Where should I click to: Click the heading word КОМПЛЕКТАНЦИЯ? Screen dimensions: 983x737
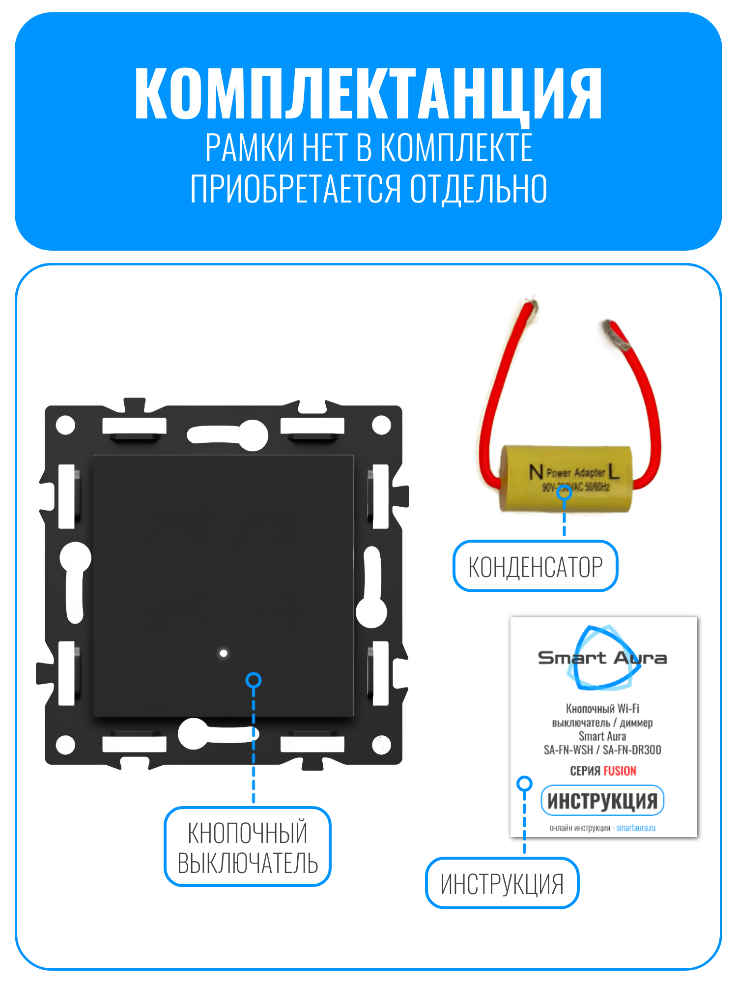coord(368,93)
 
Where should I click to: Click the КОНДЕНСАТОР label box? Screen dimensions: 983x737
coord(535,566)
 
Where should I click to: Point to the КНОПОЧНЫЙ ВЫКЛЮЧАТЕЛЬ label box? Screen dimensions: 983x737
coord(248,847)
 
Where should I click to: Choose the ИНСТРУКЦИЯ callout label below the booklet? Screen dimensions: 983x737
coord(502,883)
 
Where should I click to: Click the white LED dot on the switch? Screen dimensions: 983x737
coord(224,653)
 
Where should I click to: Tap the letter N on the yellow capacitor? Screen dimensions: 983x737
coord(536,472)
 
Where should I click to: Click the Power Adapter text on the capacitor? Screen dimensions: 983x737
coord(576,473)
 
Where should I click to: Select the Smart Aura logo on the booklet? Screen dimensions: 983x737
coord(602,657)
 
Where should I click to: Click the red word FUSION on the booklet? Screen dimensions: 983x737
coord(620,771)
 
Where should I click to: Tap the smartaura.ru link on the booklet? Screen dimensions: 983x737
coord(636,828)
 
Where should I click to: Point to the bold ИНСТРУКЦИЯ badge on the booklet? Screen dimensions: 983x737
coord(602,801)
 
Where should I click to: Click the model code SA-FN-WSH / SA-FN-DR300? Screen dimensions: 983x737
coord(602,750)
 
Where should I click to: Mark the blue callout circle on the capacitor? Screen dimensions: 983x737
coord(564,492)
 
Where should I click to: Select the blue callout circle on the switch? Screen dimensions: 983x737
coord(254,680)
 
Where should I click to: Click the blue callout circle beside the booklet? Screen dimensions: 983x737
coord(525,783)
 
